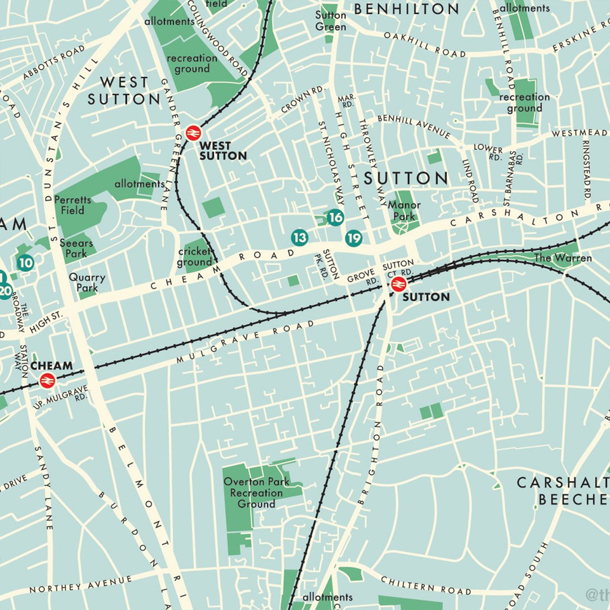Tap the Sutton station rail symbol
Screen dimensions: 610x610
398,283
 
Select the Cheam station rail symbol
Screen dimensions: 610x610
46,380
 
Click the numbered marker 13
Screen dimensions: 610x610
300,238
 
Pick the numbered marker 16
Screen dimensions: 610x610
335,218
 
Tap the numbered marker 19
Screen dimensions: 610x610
354,238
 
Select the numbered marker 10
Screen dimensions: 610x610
25,262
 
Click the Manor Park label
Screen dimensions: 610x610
401,210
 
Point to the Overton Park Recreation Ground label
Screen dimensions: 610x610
257,492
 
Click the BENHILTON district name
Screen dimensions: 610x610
407,9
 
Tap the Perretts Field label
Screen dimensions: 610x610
73,205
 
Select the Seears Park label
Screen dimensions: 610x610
76,248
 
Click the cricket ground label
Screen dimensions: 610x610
194,257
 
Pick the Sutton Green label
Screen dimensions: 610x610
331,20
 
